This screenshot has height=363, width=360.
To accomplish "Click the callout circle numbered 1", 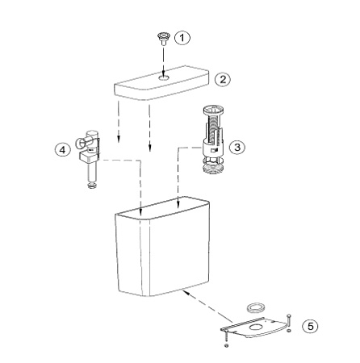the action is click(x=182, y=38).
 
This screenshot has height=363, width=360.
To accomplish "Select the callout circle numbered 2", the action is click(x=223, y=80).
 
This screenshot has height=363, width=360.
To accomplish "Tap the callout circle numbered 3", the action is click(x=237, y=147).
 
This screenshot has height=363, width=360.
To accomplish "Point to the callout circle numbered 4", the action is click(x=62, y=149).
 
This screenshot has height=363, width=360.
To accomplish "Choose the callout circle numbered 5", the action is click(x=310, y=327).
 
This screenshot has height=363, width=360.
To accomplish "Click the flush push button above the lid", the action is click(x=162, y=38).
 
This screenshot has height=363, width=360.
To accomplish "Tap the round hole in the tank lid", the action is click(x=164, y=77).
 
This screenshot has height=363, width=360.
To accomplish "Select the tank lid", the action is click(x=162, y=83).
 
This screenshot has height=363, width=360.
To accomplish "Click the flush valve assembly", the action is click(x=213, y=140).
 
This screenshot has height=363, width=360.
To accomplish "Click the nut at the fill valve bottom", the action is click(x=92, y=186).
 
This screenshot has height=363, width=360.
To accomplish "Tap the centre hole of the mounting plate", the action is click(x=256, y=327).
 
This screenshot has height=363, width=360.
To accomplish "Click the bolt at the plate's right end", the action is click(x=288, y=320).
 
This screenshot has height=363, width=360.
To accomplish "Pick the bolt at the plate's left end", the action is click(x=226, y=336).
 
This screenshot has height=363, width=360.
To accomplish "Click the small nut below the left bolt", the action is click(x=226, y=345).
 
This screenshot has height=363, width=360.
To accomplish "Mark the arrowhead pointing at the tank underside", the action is click(x=186, y=292).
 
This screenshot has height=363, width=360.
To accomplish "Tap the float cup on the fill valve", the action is click(x=89, y=157).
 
